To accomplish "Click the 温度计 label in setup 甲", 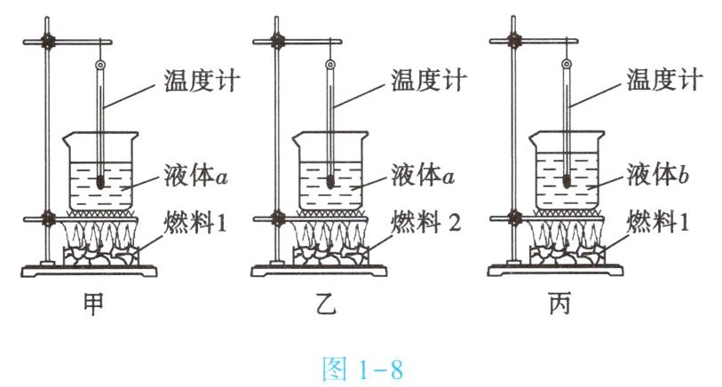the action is (202, 81).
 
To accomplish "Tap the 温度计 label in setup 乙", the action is (429, 80).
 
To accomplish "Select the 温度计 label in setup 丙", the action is (664, 80).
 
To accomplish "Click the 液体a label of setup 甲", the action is (195, 176).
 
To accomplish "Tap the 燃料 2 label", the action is (426, 222).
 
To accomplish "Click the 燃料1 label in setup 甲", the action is (195, 222).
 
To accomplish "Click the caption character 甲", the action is (93, 304).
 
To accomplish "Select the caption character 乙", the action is (326, 304).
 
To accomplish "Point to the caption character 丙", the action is (559, 304).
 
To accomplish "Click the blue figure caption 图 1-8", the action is (362, 368).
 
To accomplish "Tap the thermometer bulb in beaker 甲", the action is (100, 183).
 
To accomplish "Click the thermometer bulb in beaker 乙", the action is (330, 183).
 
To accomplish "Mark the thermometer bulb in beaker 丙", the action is (567, 182).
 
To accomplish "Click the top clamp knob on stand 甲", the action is (47, 42).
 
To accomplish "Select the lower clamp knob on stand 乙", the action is (277, 218).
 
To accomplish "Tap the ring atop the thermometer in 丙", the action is (567, 64).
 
